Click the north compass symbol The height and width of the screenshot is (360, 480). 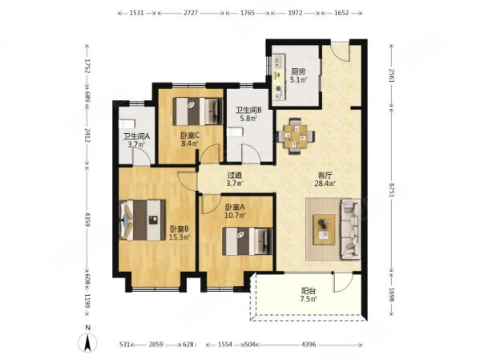pos(87,341)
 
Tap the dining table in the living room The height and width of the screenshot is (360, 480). pos(296,136)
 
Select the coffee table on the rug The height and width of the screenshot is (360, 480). pos(324,229)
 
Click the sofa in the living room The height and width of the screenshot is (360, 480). pos(351,229)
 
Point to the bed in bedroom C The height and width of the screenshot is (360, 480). pos(197,111)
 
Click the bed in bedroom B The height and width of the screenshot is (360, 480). pos(143,220)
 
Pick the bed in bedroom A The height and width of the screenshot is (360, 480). pos(248,241)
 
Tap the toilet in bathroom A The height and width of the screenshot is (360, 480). pos(127,123)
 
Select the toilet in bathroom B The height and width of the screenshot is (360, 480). pos(235,132)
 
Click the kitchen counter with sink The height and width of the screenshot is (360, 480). pos(279,77)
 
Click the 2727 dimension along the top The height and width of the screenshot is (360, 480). pos(190,13)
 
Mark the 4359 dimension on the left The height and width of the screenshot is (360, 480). pos(87,219)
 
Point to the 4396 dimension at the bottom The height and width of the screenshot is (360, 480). pos(309,345)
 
